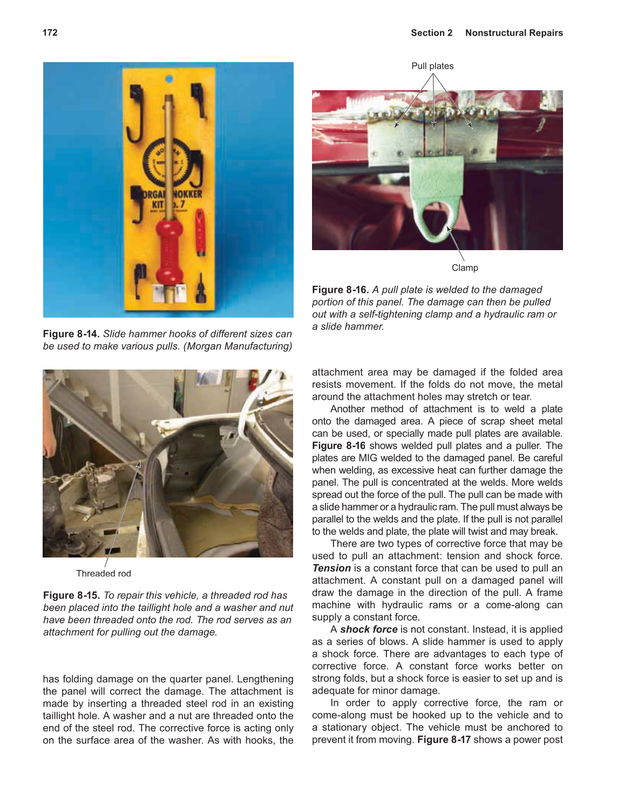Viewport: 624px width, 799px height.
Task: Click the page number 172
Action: [x=50, y=32]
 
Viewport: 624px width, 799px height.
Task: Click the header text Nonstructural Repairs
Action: [x=513, y=33]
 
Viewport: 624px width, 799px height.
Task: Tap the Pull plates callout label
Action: [x=432, y=66]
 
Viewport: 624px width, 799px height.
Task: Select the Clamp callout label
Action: [x=464, y=268]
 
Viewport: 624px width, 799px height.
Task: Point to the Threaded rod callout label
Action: [x=103, y=573]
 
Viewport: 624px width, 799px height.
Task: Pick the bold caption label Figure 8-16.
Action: [x=340, y=290]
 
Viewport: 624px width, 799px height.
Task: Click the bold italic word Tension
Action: [x=331, y=568]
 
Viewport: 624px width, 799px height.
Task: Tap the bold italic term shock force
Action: [x=369, y=629]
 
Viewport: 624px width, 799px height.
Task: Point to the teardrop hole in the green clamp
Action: [x=435, y=220]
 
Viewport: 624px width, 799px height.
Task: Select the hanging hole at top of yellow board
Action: [x=169, y=79]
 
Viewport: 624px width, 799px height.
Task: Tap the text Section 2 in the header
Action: [x=431, y=33]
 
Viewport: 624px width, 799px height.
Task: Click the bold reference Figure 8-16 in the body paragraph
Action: [x=338, y=446]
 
